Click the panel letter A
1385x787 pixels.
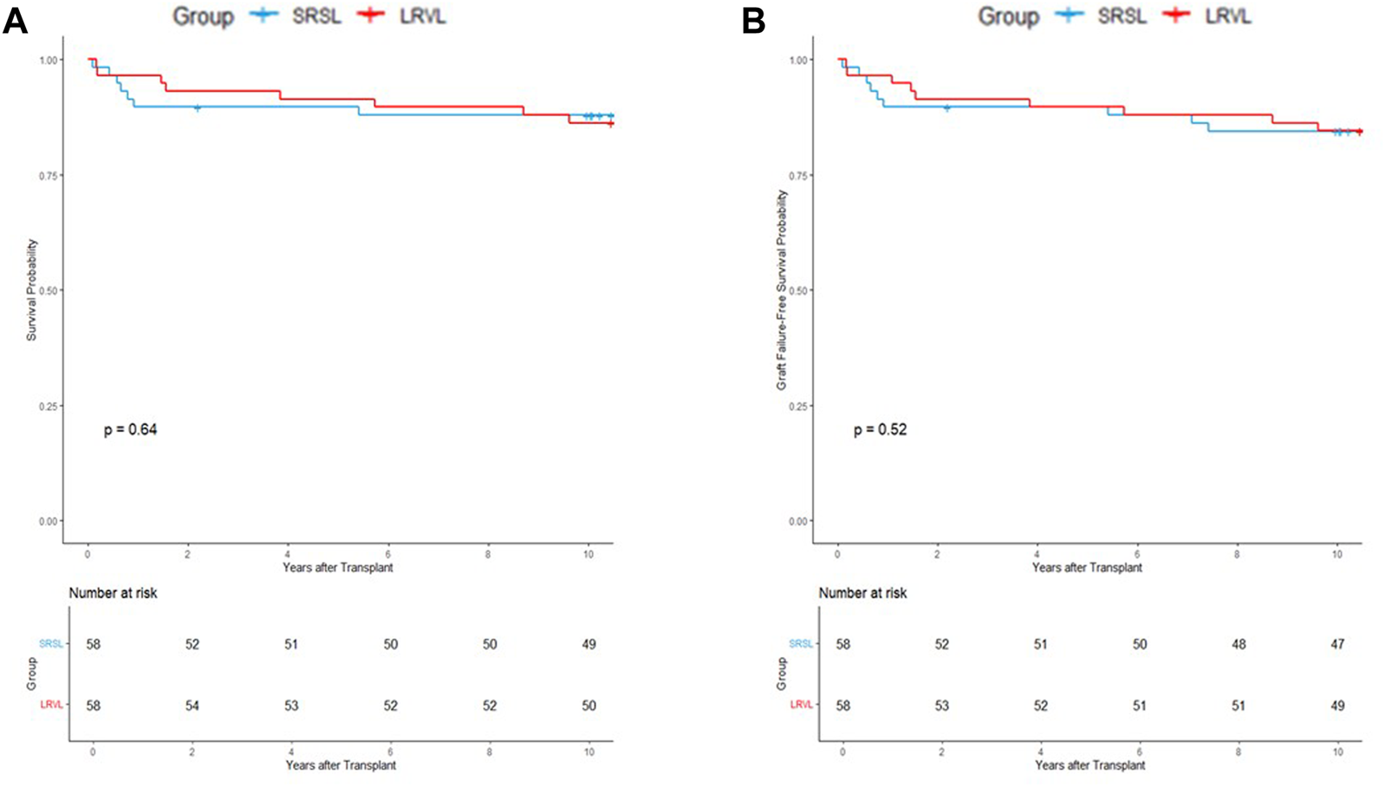15,21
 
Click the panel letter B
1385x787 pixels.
753,21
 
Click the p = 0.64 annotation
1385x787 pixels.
130,430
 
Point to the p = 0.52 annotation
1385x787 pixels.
880,430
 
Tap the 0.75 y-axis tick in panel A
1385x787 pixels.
50,176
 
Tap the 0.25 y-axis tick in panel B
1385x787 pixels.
800,407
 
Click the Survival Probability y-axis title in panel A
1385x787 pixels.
32,290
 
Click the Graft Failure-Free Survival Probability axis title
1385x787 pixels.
782,290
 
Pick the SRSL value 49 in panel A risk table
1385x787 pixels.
588,645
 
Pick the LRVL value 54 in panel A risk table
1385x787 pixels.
192,706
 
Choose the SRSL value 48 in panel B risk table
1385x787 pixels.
1239,645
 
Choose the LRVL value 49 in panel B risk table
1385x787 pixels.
1337,706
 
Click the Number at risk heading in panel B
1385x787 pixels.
862,594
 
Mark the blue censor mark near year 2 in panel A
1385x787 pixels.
198,107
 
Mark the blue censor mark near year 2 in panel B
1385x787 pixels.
946,107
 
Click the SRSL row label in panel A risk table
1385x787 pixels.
50,644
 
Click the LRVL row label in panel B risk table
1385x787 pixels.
801,706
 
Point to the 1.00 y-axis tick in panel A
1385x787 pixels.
50,60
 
